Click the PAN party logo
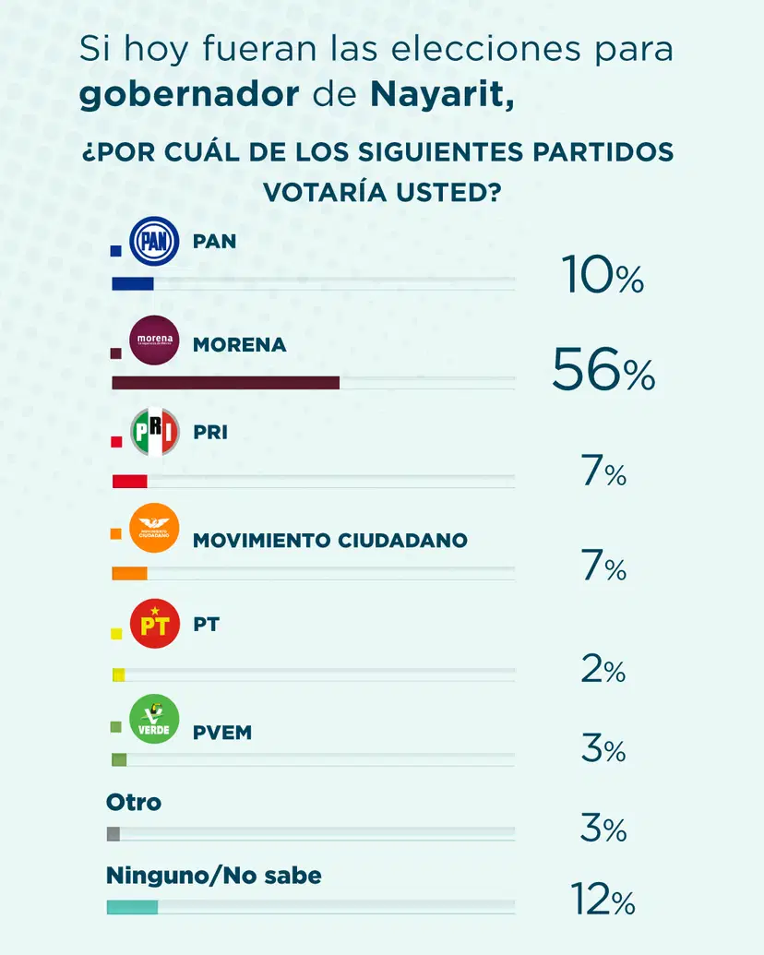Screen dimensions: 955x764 (x=154, y=244)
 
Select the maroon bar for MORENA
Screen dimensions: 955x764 (x=225, y=383)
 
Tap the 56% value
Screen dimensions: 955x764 (x=603, y=371)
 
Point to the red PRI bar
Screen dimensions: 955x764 (x=130, y=481)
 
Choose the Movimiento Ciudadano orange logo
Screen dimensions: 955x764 (x=154, y=529)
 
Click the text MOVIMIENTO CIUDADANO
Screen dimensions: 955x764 (x=329, y=541)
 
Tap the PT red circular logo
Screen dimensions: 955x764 (x=154, y=625)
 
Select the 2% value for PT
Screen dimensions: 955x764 (x=603, y=671)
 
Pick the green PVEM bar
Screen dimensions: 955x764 (x=119, y=760)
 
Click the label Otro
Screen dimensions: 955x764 (x=134, y=803)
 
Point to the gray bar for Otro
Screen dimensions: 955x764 (x=113, y=834)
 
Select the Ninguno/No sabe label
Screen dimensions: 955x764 (x=214, y=875)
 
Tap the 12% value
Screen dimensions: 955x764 (x=603, y=900)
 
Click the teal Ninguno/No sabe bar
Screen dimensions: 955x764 (x=133, y=907)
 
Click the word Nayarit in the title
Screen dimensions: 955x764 (x=442, y=95)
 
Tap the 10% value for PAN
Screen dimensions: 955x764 (x=603, y=277)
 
